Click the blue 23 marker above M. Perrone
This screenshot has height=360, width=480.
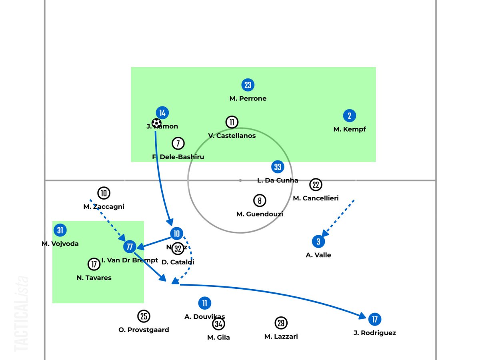[248, 85]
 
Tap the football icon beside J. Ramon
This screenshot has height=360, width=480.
[156, 123]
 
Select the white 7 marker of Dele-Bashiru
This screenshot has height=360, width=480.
[178, 143]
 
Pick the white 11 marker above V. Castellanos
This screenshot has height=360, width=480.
[232, 122]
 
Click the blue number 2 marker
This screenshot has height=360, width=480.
[349, 116]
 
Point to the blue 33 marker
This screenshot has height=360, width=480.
[278, 167]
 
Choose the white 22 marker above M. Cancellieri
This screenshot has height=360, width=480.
[316, 184]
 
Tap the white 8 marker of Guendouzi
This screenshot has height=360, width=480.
[260, 200]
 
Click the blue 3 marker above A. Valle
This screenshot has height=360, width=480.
[318, 241]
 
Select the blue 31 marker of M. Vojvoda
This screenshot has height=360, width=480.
[60, 230]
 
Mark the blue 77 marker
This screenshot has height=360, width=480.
[129, 247]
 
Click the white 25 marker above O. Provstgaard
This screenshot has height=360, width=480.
[144, 316]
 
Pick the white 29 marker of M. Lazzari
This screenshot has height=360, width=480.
[281, 323]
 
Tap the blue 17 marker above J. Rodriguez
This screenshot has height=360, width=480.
[374, 319]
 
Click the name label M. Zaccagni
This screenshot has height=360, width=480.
[104, 207]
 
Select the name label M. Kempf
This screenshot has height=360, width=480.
[349, 129]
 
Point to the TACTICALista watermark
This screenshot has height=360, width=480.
[22, 314]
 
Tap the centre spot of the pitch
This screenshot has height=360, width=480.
[240, 180]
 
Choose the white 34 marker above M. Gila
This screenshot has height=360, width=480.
[218, 324]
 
